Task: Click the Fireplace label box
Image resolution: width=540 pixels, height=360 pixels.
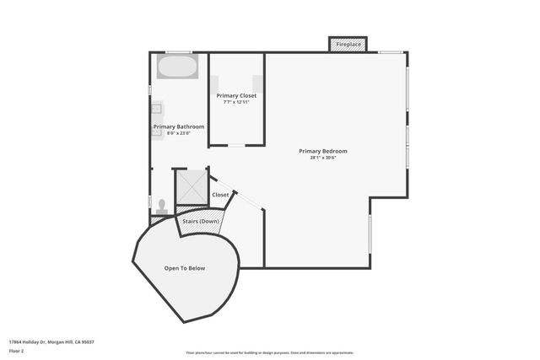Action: point(347,43)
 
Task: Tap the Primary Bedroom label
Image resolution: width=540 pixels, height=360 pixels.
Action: point(322,152)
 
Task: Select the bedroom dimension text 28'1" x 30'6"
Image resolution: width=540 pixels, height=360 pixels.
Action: point(322,159)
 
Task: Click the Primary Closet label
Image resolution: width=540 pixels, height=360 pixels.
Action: point(236,96)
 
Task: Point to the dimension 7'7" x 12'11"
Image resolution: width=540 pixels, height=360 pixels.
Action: point(236,103)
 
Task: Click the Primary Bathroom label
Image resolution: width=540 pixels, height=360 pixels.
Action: point(178,126)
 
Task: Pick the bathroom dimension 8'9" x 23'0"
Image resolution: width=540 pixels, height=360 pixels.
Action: point(178,133)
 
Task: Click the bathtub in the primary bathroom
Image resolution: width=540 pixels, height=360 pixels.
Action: point(177,67)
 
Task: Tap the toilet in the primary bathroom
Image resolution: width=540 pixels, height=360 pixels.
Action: point(160,204)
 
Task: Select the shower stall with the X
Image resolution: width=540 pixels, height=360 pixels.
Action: point(191,188)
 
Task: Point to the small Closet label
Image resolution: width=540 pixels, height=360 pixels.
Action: point(220,195)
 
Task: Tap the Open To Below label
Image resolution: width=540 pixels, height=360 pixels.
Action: point(185,268)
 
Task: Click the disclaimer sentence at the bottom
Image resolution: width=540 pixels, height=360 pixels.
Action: point(269,352)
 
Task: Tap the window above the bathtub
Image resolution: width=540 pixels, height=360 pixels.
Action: point(178,53)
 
